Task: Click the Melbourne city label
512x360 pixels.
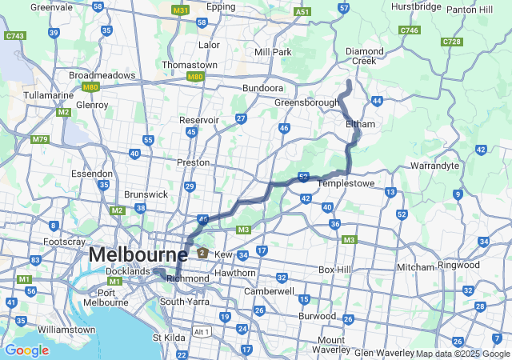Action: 138,254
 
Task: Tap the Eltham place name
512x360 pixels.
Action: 360,124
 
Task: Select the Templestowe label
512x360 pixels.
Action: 348,183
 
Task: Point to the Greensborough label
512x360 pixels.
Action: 307,103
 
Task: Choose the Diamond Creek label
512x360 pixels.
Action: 365,56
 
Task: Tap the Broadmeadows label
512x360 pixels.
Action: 102,75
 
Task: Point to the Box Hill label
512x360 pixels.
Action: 335,270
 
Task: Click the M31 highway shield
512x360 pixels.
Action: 181,10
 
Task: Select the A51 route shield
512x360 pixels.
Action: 302,12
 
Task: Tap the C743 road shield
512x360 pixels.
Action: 14,36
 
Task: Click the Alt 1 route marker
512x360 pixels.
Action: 202,331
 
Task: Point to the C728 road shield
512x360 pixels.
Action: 451,41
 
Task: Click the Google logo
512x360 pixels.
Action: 26,350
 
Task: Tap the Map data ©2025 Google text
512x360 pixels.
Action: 462,354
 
